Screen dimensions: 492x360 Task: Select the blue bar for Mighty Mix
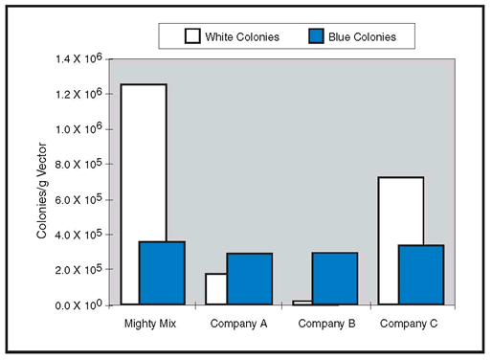(x=162, y=273)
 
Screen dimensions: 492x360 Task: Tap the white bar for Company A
(x=216, y=289)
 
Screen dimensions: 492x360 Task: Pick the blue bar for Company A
(x=250, y=279)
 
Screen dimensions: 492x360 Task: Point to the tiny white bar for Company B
(x=302, y=303)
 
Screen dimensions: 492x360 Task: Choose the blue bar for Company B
(x=335, y=279)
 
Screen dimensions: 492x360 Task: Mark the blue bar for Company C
(x=421, y=275)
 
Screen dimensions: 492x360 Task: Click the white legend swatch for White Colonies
(x=192, y=35)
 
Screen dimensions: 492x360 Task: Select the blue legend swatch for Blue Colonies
(x=316, y=35)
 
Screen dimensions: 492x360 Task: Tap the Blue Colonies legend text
(x=362, y=37)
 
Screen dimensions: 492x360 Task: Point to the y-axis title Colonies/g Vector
(x=42, y=191)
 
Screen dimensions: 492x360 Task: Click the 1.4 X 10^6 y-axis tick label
(x=78, y=58)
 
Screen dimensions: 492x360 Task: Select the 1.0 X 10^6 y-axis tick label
(x=78, y=129)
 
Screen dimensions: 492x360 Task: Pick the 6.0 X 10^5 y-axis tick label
(x=78, y=199)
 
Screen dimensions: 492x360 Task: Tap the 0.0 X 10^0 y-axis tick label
(x=78, y=304)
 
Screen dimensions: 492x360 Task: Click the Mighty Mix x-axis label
(x=150, y=324)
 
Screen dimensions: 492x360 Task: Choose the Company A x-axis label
(x=238, y=324)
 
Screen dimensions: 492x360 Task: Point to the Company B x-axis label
(x=326, y=324)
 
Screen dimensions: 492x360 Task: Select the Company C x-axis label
(x=409, y=324)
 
